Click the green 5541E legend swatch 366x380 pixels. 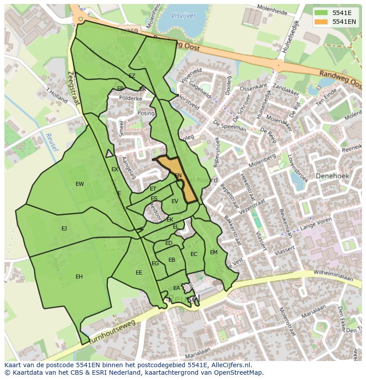point(322,13)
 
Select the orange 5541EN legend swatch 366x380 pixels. point(322,22)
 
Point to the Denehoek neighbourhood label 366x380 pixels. point(332,176)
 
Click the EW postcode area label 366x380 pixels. point(80,184)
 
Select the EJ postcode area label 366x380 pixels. point(64,228)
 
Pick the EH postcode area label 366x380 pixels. point(79,277)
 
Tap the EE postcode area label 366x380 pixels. point(139,273)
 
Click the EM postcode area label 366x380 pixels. point(213,252)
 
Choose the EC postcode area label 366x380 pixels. point(194,254)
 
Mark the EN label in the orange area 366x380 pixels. point(178,176)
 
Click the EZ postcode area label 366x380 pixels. point(132,76)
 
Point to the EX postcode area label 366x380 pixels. point(114,169)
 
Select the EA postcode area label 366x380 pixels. point(176,288)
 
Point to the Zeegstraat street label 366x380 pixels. point(73,88)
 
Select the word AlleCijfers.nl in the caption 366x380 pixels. point(229,365)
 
